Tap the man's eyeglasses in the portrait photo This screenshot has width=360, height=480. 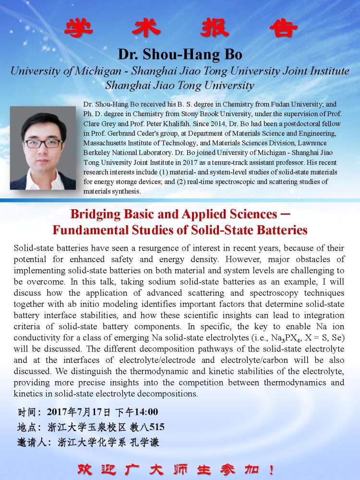[x=43, y=143]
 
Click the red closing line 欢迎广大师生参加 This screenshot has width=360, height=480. [x=180, y=468]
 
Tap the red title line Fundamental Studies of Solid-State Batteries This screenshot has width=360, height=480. [x=180, y=230]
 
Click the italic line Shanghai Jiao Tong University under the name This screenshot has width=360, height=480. [x=180, y=86]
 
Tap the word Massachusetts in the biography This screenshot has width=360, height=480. [x=106, y=143]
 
